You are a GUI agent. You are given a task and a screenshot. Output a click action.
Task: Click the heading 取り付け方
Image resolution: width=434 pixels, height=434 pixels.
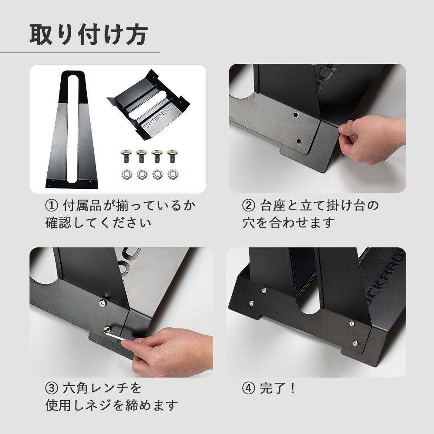tap(89, 34)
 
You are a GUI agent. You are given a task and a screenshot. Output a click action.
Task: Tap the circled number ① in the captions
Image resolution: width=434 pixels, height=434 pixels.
tap(52, 205)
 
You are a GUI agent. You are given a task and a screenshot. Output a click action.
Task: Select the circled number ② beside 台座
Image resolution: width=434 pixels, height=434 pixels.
tap(249, 205)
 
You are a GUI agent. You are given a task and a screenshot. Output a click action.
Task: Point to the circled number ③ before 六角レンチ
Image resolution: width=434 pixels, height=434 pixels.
tap(52, 388)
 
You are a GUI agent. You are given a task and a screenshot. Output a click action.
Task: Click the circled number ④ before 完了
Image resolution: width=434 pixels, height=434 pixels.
tap(249, 388)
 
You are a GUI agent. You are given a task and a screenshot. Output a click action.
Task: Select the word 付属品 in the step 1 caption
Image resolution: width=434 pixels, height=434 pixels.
tap(82, 205)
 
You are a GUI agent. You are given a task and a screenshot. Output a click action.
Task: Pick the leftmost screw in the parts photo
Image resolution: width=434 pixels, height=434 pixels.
tap(126, 156)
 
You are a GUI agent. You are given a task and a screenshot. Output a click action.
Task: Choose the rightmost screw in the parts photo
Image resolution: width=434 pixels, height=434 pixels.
tap(172, 156)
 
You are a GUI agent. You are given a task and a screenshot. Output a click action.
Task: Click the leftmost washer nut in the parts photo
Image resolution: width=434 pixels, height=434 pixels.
tap(126, 174)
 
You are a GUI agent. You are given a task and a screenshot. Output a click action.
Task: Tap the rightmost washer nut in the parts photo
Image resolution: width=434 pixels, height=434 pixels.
tap(173, 174)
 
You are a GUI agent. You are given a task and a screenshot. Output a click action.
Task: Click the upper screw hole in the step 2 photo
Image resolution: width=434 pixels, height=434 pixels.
tap(296, 115)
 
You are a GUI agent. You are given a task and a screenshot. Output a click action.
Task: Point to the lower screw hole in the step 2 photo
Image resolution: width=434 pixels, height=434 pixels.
tap(299, 141)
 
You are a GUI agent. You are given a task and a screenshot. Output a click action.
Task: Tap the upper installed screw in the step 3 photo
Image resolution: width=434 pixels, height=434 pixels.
tap(103, 303)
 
